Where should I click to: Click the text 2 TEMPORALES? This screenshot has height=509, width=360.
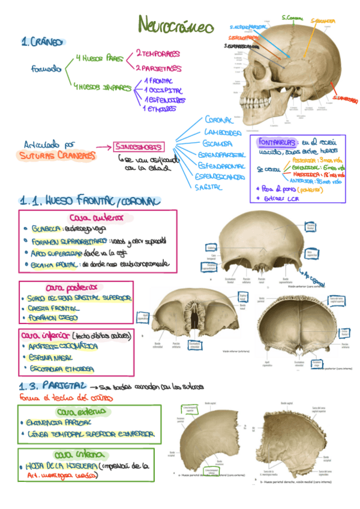pyautogui.click(x=158, y=53)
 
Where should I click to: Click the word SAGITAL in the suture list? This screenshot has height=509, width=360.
pyautogui.click(x=209, y=187)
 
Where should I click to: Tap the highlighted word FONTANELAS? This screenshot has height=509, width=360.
pyautogui.click(x=276, y=143)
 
